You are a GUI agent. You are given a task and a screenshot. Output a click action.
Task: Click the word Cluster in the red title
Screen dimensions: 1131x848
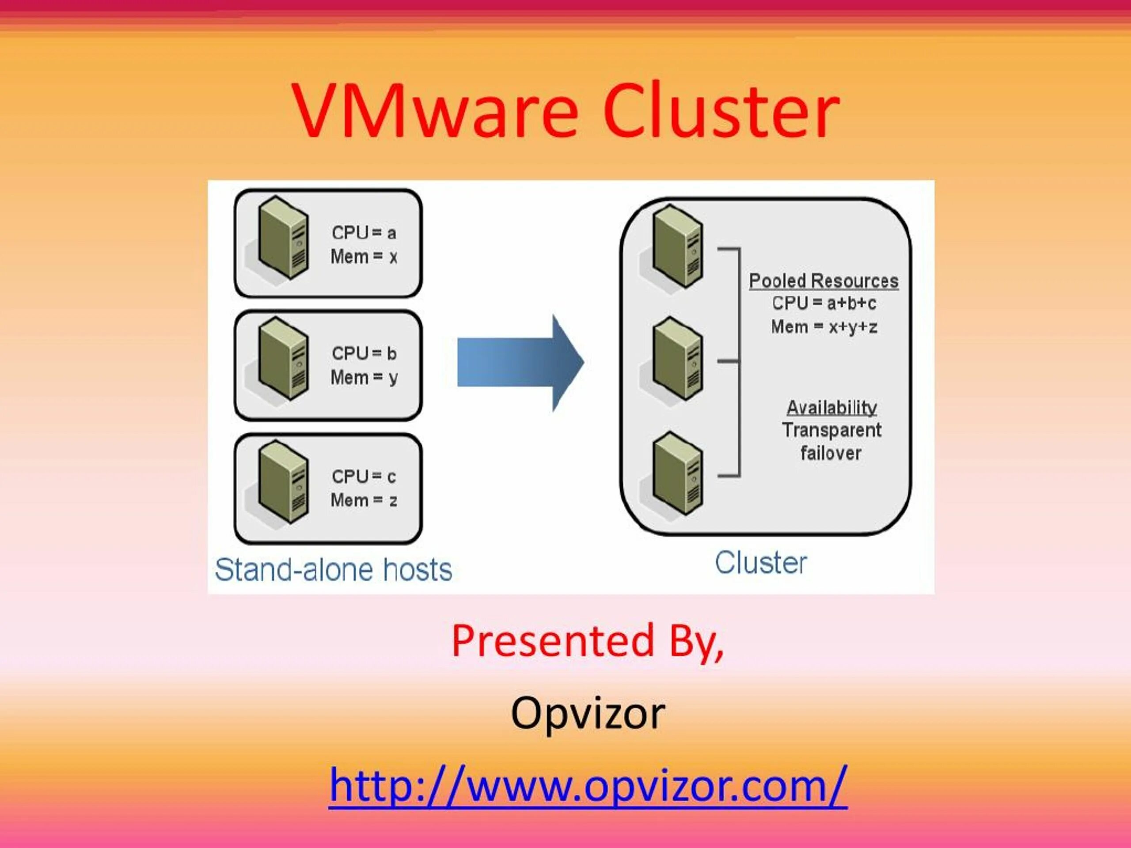721,111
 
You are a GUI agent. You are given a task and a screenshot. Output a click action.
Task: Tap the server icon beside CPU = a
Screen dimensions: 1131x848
283,238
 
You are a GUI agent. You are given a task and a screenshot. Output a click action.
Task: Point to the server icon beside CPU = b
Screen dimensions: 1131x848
283,359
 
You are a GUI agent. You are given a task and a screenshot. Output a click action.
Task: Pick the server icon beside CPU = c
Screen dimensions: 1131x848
283,481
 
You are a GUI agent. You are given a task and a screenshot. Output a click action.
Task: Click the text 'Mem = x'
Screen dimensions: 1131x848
364,257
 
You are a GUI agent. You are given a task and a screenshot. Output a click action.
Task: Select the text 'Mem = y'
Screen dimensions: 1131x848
364,378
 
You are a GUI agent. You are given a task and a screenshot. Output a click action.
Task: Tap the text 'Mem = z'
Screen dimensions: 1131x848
364,500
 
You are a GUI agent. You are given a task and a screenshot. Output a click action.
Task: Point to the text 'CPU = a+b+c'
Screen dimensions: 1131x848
824,303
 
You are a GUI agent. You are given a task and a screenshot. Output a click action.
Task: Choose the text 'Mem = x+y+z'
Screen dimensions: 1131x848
824,327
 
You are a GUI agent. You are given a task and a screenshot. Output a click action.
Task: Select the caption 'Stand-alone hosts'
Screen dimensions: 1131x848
334,570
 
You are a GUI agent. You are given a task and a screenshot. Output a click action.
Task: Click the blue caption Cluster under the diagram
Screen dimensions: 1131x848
760,563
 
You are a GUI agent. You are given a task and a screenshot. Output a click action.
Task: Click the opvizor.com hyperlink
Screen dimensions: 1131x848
588,786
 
